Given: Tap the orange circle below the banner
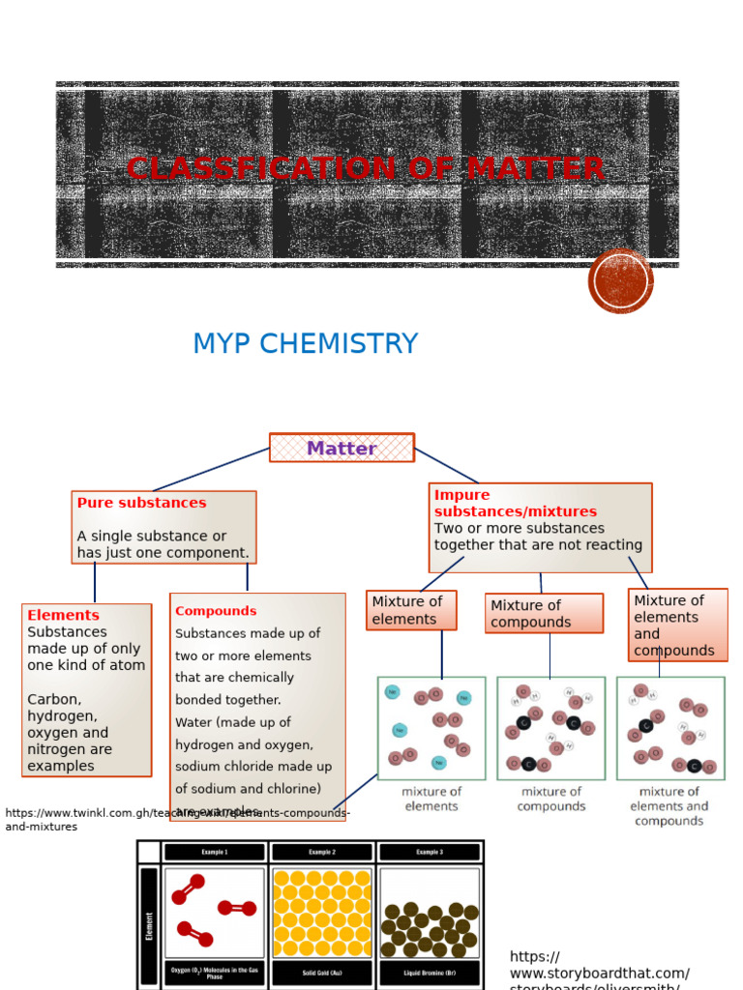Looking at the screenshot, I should [x=620, y=281].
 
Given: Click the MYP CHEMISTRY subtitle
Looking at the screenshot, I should [x=305, y=344].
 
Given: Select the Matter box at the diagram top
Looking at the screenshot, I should [x=342, y=448].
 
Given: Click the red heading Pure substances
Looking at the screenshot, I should [x=141, y=503].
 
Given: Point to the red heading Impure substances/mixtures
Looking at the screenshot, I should [x=515, y=503].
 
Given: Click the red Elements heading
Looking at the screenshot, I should [x=63, y=615].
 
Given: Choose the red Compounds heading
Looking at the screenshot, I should [x=216, y=611].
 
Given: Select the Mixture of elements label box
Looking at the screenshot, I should [x=411, y=610].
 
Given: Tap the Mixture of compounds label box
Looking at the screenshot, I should [x=544, y=614].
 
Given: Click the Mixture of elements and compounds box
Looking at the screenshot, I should [x=677, y=626].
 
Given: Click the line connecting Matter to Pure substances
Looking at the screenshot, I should [x=211, y=470].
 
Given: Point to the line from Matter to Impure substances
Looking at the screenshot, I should [x=446, y=466].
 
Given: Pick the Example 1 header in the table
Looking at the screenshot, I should [x=213, y=852].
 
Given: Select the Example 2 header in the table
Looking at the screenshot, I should [x=322, y=852].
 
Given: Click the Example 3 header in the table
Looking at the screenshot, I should [x=429, y=852].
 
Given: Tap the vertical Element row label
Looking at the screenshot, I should [x=149, y=925].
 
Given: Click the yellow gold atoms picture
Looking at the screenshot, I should [x=322, y=912].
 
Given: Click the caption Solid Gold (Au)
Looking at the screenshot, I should [x=322, y=973].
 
